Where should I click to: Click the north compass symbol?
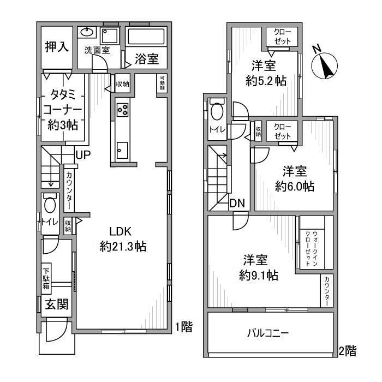click(x=324, y=64)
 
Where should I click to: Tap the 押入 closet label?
click(x=57, y=46)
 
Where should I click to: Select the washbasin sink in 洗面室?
click(x=87, y=32)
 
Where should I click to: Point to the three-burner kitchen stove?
click(x=122, y=110)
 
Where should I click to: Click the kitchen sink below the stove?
click(x=122, y=150)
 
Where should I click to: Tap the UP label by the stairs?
click(x=83, y=154)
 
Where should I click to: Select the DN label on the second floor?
click(x=237, y=203)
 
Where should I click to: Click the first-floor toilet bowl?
click(x=50, y=204)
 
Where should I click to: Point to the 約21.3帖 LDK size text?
click(x=123, y=247)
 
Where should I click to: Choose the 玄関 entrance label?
click(x=57, y=304)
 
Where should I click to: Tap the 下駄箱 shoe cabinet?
click(x=46, y=278)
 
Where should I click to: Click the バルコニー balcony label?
click(x=268, y=332)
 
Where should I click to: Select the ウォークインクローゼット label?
click(x=312, y=248)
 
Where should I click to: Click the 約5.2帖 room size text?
click(x=266, y=81)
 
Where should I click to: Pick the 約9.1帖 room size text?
click(x=259, y=276)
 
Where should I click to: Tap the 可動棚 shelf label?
click(x=162, y=83)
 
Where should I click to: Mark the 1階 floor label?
click(x=184, y=327)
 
